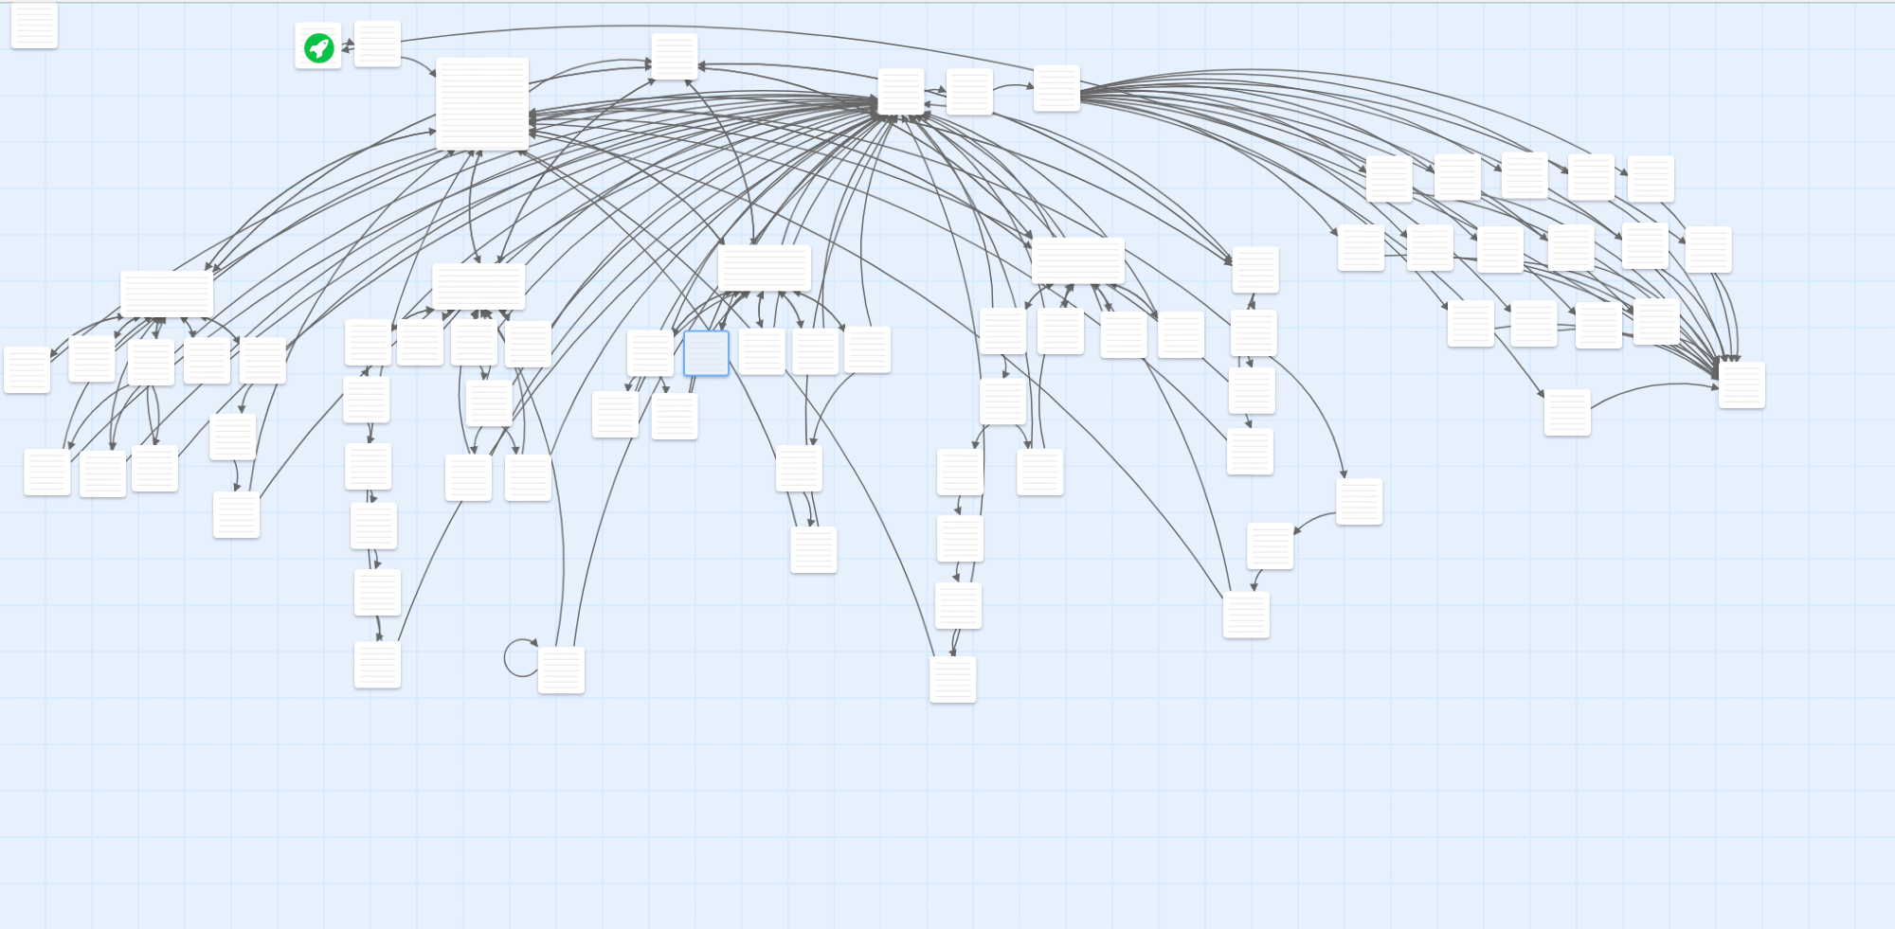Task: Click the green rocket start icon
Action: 318,46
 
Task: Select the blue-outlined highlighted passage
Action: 706,353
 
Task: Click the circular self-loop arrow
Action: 520,658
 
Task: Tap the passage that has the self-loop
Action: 561,670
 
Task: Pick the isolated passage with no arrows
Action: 34,25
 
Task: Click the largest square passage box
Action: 481,103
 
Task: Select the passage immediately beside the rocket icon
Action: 377,44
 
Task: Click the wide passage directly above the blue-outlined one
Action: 764,268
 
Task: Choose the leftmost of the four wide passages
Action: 167,294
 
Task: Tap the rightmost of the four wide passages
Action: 1077,260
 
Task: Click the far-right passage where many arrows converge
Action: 1742,384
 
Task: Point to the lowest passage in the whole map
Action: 952,679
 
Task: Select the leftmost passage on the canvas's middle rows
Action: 27,369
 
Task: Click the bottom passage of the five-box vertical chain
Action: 377,664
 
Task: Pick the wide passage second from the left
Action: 478,286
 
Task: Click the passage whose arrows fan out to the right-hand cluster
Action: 1056,88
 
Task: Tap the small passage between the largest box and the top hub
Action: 675,57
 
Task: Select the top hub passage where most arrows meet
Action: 901,92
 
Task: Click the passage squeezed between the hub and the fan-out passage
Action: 969,92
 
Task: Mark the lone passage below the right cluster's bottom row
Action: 1567,412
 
